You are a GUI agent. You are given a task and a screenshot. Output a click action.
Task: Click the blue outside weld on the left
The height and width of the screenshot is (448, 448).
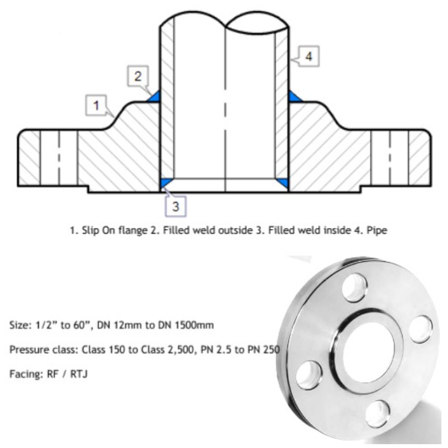153,97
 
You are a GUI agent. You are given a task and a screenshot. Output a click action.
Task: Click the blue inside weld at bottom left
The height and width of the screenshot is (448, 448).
164,183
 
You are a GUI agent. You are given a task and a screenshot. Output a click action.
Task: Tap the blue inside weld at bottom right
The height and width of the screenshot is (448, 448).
282,183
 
